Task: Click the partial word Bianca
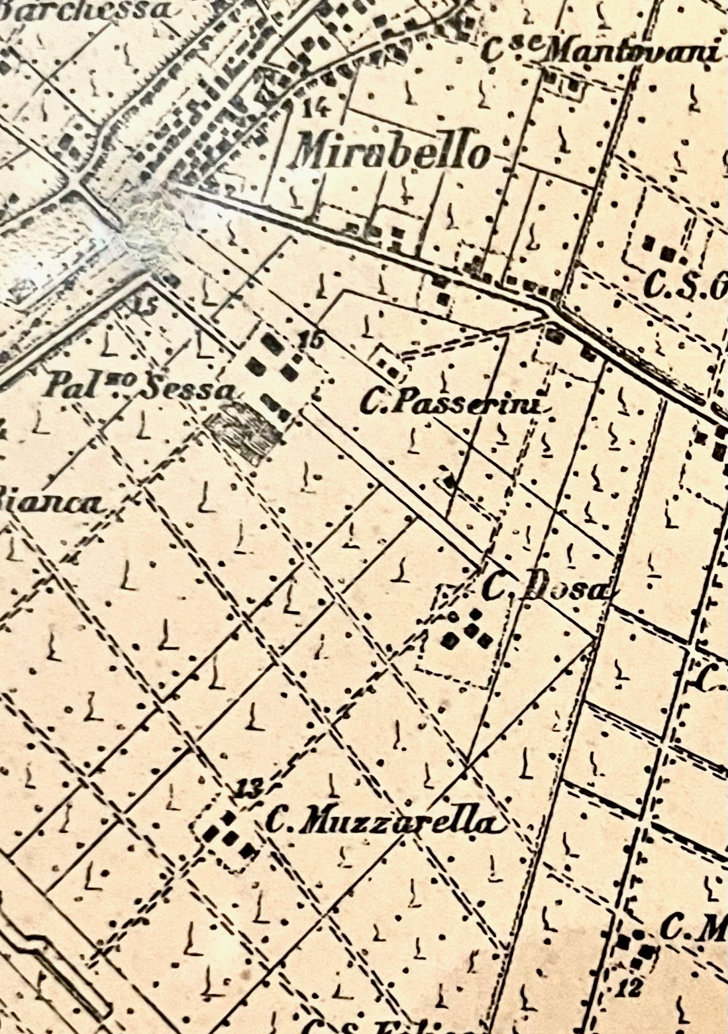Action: [x=53, y=504]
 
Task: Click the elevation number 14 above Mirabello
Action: [x=315, y=106]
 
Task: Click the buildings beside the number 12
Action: [x=635, y=949]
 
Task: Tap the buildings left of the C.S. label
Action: [x=659, y=249]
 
